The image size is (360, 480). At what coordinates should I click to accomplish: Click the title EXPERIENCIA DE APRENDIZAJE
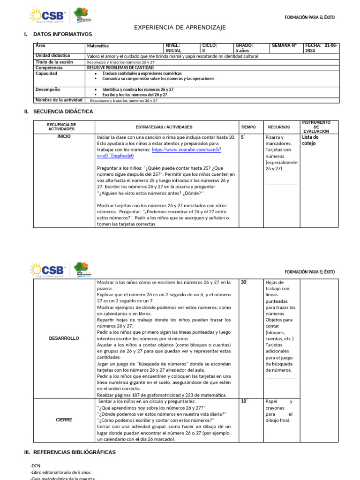[x=180, y=28]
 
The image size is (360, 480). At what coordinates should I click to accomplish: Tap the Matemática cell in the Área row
[x=98, y=46]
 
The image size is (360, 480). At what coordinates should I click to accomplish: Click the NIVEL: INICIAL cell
[x=173, y=48]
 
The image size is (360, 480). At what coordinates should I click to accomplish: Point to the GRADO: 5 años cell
[x=244, y=48]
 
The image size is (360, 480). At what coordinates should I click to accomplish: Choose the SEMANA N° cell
[x=284, y=45]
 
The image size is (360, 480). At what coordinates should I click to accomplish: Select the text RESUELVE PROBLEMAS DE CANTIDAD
[x=120, y=67]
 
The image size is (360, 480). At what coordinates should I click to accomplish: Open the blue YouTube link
[x=158, y=152]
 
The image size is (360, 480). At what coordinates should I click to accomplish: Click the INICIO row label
[x=64, y=136]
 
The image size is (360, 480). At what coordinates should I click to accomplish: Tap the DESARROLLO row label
[x=64, y=338]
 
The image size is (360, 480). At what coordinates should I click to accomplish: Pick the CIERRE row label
[x=64, y=420]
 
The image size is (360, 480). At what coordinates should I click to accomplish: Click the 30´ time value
[x=244, y=282]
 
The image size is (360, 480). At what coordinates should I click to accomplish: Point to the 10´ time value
[x=244, y=401]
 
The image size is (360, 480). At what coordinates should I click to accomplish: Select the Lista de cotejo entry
[x=310, y=140]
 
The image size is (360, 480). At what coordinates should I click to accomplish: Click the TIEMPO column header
[x=248, y=127]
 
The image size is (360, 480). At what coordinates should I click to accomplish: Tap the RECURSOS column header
[x=279, y=127]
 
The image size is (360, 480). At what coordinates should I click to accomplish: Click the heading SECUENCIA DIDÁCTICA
[x=63, y=112]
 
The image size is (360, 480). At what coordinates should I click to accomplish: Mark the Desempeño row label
[x=48, y=89]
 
